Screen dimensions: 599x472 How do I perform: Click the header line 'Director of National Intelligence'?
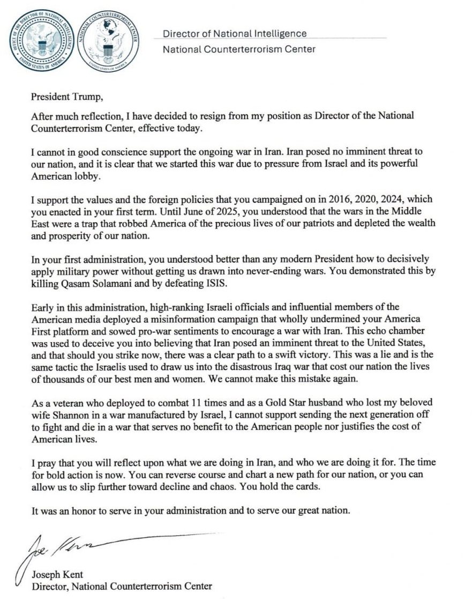coord(235,34)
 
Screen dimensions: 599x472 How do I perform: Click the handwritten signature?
coord(59,547)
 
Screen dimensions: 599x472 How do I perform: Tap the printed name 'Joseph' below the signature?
coord(47,575)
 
